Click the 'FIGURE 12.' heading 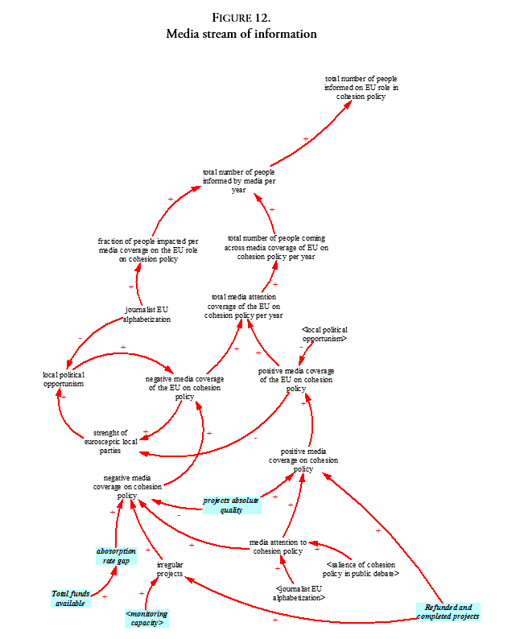[241, 18]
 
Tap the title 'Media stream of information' [241, 34]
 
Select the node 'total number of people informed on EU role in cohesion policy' [361, 87]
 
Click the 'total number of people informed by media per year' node [239, 181]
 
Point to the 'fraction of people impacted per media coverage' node [148, 249]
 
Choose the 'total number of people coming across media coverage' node [276, 247]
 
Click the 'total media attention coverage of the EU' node [243, 306]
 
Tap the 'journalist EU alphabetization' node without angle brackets [146, 314]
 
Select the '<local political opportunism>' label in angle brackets [324, 334]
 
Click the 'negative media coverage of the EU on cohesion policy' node [184, 388]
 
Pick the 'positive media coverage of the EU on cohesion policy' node [296, 379]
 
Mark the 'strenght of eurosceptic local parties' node [110, 441]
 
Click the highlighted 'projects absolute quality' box [231, 505]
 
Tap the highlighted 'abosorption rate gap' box [116, 556]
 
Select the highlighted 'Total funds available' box [70, 598]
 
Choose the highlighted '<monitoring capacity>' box [146, 618]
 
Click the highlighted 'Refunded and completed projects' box [448, 612]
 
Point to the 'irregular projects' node [170, 569]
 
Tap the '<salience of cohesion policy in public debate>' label [361, 569]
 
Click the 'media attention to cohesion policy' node [278, 546]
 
